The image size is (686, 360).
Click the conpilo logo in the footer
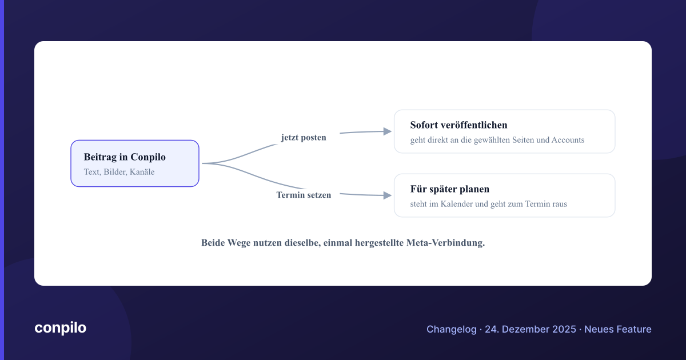point(61,328)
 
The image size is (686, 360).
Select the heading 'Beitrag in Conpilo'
point(125,157)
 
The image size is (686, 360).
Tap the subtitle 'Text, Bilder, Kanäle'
point(119,172)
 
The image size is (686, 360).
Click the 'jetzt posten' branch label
point(304,138)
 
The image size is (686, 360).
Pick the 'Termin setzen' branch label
point(304,195)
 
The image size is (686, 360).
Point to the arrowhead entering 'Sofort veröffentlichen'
point(388,131)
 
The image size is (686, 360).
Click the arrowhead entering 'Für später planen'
point(388,195)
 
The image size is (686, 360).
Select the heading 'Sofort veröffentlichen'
point(458,125)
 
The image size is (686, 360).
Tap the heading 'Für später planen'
point(450,189)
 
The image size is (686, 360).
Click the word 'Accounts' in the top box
point(568,140)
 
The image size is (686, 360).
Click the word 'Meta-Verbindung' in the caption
point(445,243)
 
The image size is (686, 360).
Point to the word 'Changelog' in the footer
point(452,329)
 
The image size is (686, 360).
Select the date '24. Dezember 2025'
point(531,329)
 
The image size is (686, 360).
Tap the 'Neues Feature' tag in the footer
point(618,329)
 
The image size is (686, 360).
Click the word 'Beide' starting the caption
point(213,243)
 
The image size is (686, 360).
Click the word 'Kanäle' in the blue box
point(142,172)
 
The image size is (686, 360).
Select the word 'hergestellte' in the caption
point(379,243)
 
